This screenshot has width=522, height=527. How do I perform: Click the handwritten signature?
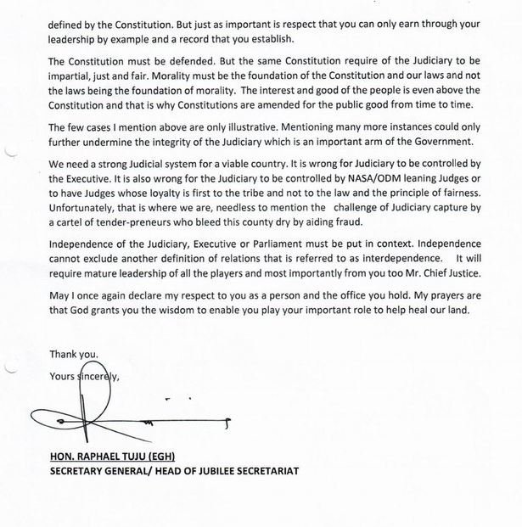click(110, 416)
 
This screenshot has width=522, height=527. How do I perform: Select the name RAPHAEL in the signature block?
click(106, 457)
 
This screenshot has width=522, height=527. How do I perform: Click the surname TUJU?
click(153, 457)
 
